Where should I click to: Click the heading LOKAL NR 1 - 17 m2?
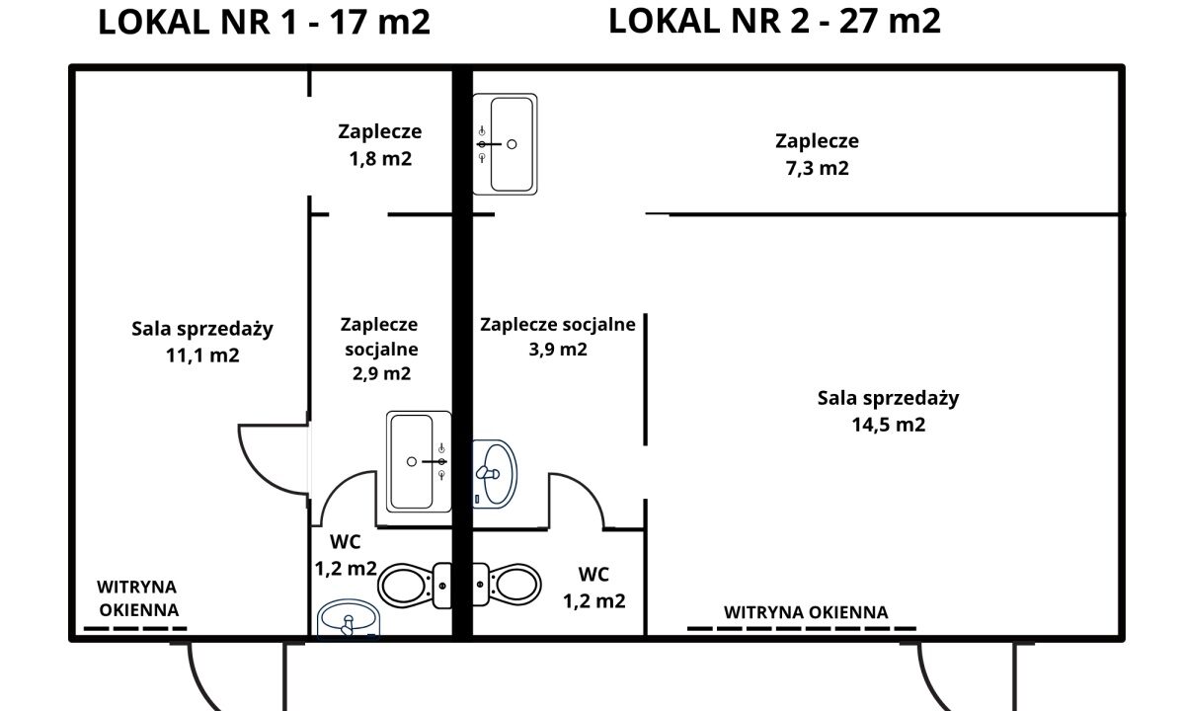pos(264,22)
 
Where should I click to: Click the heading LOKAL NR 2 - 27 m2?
pos(774,21)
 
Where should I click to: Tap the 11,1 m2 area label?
pos(202,355)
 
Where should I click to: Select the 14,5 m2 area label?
pos(888,425)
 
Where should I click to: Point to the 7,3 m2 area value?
pos(818,168)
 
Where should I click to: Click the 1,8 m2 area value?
pos(380,158)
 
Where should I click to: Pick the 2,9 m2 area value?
pos(381,373)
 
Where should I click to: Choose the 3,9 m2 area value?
pos(558,350)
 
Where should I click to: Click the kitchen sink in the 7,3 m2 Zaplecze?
pos(506,144)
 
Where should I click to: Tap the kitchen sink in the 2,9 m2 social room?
pos(419,462)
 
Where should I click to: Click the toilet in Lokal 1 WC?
pos(415,585)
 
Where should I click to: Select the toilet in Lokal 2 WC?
pos(507,585)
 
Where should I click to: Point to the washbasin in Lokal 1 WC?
pos(349,619)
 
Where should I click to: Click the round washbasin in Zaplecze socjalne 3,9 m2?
pos(494,474)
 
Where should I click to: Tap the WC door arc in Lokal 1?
pos(335,488)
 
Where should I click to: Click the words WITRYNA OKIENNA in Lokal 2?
pos(806,612)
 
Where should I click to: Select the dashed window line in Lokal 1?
pos(135,628)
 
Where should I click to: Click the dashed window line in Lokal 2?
pos(802,628)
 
